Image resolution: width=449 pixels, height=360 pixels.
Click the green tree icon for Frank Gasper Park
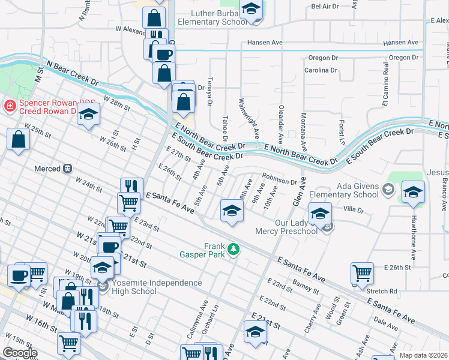pyautogui.click(x=237, y=250)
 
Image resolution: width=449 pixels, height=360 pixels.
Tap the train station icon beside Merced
pyautogui.click(x=68, y=169)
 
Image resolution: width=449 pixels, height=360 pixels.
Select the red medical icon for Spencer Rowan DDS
pyautogui.click(x=9, y=106)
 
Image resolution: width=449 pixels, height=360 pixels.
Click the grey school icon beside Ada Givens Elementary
pyautogui.click(x=388, y=190)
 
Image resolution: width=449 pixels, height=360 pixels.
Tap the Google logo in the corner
pyautogui.click(x=19, y=353)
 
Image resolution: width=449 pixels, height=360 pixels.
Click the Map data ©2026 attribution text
pyautogui.click(x=423, y=355)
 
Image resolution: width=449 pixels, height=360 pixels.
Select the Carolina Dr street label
pyautogui.click(x=321, y=70)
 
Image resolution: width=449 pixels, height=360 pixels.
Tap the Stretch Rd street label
pyautogui.click(x=384, y=291)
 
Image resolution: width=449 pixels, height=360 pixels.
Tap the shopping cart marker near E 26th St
pyautogui.click(x=363, y=273)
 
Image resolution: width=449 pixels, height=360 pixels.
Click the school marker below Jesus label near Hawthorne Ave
pyautogui.click(x=412, y=193)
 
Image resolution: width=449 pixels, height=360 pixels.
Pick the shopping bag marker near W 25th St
pyautogui.click(x=19, y=139)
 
